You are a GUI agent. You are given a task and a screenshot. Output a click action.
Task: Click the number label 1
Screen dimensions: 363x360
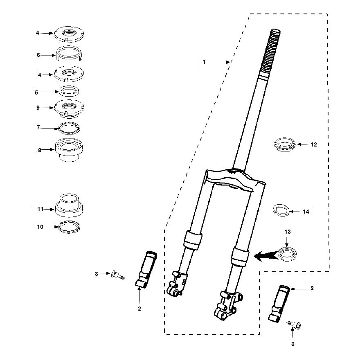pos(204,62)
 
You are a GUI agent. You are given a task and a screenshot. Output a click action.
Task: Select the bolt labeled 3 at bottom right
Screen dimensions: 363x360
pos(295,325)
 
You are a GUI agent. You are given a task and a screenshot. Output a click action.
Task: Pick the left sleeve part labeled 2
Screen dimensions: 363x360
pos(146,268)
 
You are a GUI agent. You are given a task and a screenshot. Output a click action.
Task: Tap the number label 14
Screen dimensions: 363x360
pos(306,212)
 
